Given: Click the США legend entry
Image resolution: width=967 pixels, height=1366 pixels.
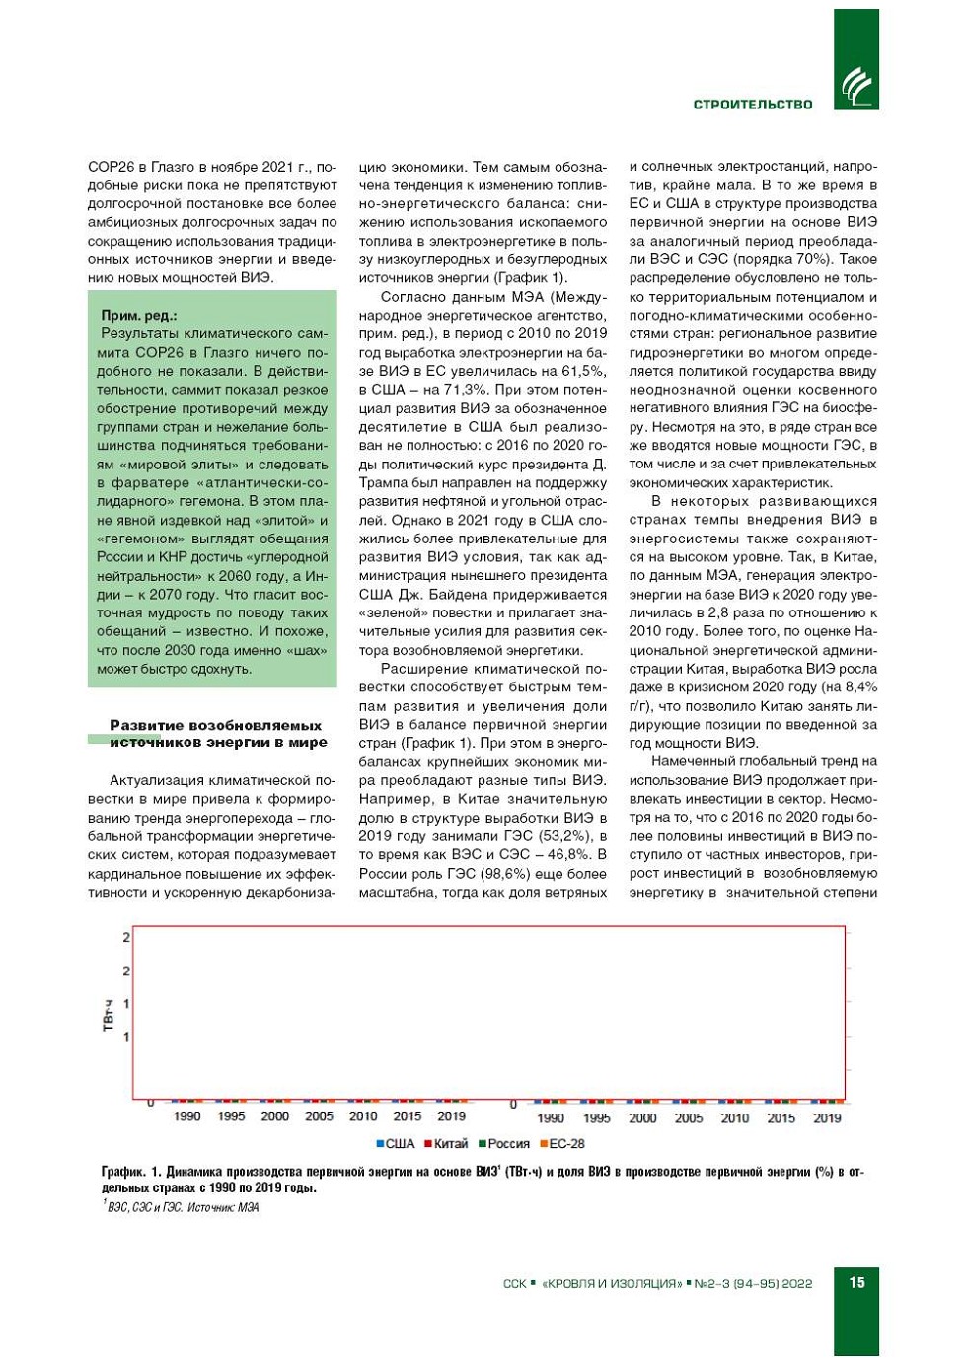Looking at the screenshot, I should pyautogui.click(x=396, y=1144).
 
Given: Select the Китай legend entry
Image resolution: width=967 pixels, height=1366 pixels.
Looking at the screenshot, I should pyautogui.click(x=446, y=1144).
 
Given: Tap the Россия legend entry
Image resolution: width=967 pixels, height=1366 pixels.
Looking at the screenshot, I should pyautogui.click(x=504, y=1144).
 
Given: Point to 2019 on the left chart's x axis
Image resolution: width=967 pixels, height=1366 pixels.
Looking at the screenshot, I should pyautogui.click(x=451, y=1116).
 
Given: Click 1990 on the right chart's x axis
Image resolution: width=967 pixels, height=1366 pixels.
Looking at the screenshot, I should pyautogui.click(x=551, y=1118).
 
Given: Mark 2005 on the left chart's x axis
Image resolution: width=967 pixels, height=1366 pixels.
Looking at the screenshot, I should pyautogui.click(x=319, y=1116).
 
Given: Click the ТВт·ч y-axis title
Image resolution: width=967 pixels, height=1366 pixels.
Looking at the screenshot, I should pyautogui.click(x=109, y=1015).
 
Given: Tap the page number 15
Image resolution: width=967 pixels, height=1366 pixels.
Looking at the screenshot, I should pyautogui.click(x=856, y=1282).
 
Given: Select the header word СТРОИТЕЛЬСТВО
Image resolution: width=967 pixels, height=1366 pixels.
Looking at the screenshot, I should pyautogui.click(x=753, y=105).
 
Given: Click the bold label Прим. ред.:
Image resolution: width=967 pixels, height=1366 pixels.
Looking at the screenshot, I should pyautogui.click(x=139, y=316).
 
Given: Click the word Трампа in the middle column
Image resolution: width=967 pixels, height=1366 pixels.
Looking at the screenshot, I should pyautogui.click(x=384, y=482).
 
